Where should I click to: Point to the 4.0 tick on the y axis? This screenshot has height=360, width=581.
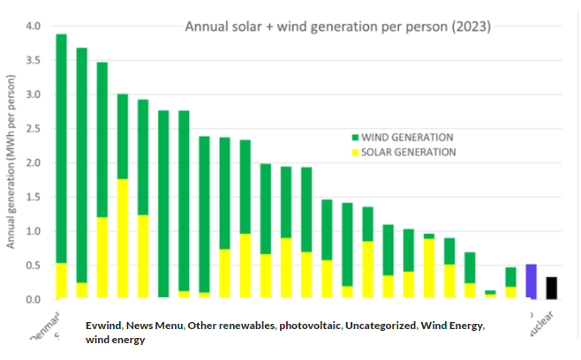[33, 26]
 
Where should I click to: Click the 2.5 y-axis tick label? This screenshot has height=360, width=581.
[33, 129]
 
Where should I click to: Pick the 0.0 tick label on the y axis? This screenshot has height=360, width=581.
[33, 300]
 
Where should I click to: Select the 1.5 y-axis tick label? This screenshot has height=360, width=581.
[33, 198]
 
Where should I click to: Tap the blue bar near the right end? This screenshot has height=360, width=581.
[531, 281]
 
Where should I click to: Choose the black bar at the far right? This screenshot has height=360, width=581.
[551, 289]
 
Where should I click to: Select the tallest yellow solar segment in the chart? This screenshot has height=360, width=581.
[123, 239]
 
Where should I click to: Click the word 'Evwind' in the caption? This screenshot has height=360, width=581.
[104, 326]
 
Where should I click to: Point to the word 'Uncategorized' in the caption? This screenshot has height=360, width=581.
[381, 326]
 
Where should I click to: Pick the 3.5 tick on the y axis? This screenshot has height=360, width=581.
[33, 61]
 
